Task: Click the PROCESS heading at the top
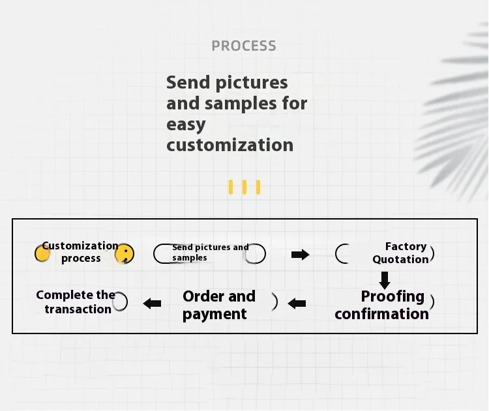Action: pyautogui.click(x=244, y=46)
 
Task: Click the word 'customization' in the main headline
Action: pyautogui.click(x=230, y=145)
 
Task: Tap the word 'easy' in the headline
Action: pyautogui.click(x=186, y=124)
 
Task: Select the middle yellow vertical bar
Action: pyautogui.click(x=244, y=187)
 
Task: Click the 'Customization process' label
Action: pyautogui.click(x=80, y=252)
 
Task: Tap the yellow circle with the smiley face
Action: pyautogui.click(x=125, y=253)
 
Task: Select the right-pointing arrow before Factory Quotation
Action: pyautogui.click(x=301, y=255)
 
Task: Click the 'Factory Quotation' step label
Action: pyautogui.click(x=400, y=253)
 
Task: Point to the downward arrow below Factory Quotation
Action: pyautogui.click(x=385, y=280)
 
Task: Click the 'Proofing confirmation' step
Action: pyautogui.click(x=381, y=305)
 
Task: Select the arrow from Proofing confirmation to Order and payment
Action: pyautogui.click(x=297, y=303)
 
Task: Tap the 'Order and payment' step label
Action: pyautogui.click(x=219, y=305)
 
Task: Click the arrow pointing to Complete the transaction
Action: pyautogui.click(x=152, y=303)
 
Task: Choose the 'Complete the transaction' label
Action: pyautogui.click(x=76, y=302)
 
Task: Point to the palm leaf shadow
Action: pyautogui.click(x=453, y=112)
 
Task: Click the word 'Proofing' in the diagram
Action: pyautogui.click(x=393, y=297)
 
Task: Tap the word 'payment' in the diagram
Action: pyautogui.click(x=215, y=314)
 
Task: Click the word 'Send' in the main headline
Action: pyautogui.click(x=188, y=83)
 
